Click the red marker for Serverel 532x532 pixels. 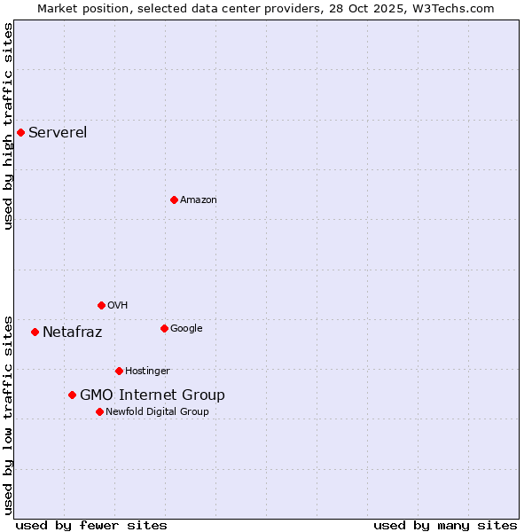pyautogui.click(x=20, y=133)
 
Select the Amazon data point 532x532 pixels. pyautogui.click(x=174, y=200)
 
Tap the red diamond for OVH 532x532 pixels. pyautogui.click(x=101, y=306)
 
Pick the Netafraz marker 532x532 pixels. pyautogui.click(x=35, y=332)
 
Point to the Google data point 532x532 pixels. pyautogui.click(x=164, y=329)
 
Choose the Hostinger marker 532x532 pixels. pyautogui.click(x=119, y=372)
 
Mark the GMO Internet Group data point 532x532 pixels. pyautogui.click(x=72, y=395)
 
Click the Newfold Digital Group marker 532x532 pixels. pyautogui.click(x=99, y=412)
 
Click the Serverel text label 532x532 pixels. pyautogui.click(x=58, y=133)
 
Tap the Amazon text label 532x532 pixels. pyautogui.click(x=199, y=200)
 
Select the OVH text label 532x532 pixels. pyautogui.click(x=118, y=306)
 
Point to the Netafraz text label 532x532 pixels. pyautogui.click(x=73, y=332)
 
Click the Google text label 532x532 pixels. pyautogui.click(x=186, y=329)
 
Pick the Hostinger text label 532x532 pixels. pyautogui.click(x=147, y=372)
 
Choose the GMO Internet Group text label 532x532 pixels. pyautogui.click(x=153, y=395)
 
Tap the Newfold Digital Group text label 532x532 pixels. pyautogui.click(x=157, y=412)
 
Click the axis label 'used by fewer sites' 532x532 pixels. pyautogui.click(x=91, y=526)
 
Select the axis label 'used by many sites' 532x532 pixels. pyautogui.click(x=445, y=526)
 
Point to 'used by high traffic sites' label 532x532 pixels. pyautogui.click(x=9, y=126)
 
